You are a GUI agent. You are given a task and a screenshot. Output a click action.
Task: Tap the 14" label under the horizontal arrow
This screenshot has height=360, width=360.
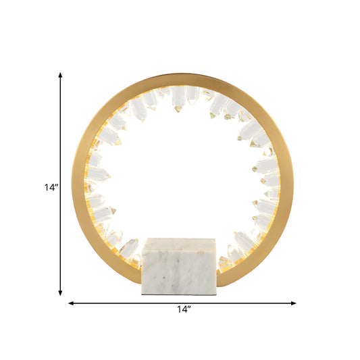click(182, 309)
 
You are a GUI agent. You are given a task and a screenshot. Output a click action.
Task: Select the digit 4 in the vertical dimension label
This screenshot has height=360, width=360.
click(51, 189)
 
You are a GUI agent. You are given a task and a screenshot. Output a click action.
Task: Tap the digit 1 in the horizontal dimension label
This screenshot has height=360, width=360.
click(178, 309)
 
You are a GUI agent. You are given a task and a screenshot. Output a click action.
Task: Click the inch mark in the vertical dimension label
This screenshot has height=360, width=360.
click(56, 186)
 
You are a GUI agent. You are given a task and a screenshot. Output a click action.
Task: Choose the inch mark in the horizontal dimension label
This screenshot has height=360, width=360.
click(189, 307)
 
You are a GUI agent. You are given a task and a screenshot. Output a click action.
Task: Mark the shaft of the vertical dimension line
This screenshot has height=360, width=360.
click(61, 135)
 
